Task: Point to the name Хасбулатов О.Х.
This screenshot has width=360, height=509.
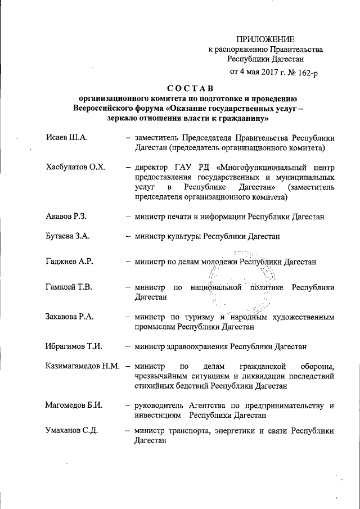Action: tap(75, 167)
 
